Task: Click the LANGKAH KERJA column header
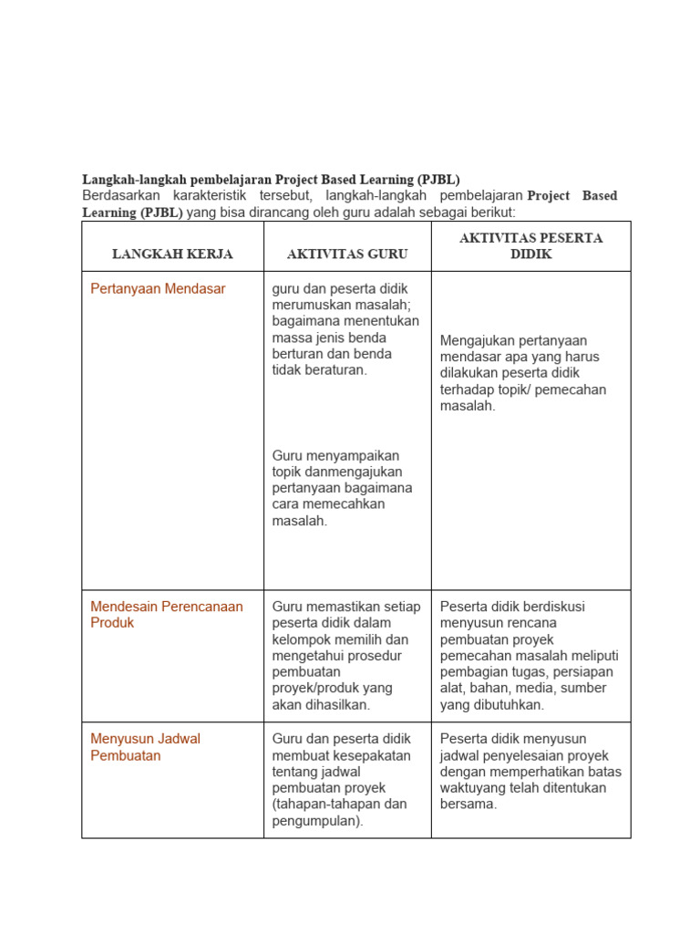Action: (172, 254)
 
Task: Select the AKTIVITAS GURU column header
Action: (347, 254)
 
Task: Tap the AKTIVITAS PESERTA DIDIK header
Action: (530, 245)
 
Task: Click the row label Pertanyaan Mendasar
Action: (158, 288)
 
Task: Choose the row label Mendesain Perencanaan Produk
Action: (167, 614)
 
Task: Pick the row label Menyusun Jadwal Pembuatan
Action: (145, 747)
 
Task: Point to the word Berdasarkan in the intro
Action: (121, 195)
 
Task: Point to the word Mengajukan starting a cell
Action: (478, 340)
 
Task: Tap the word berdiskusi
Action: (553, 606)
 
